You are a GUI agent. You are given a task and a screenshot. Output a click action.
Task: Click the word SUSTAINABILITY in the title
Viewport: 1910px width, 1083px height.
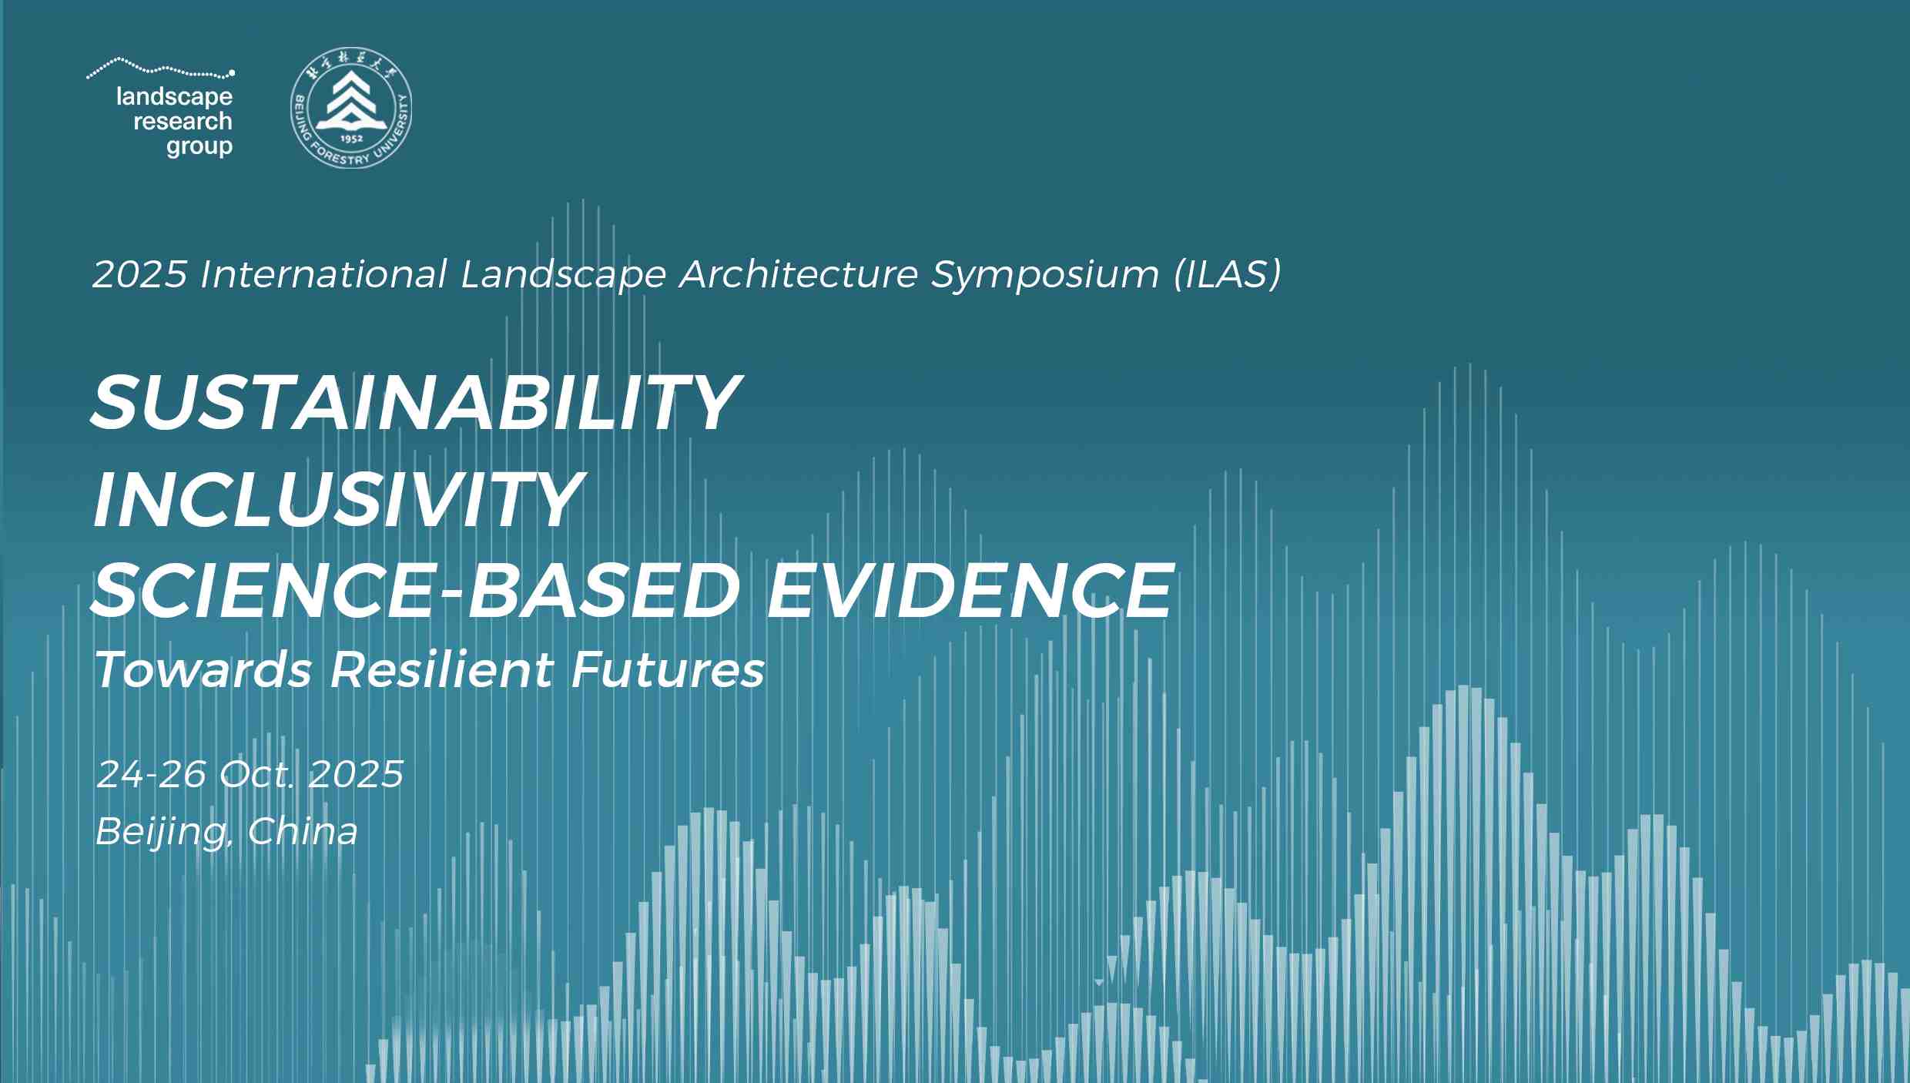(416, 403)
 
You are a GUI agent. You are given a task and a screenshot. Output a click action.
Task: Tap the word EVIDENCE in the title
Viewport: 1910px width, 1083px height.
(970, 591)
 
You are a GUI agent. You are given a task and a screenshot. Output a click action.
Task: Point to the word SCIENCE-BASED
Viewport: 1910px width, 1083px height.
(416, 591)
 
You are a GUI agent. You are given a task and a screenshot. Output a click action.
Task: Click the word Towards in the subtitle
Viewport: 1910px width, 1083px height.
(203, 669)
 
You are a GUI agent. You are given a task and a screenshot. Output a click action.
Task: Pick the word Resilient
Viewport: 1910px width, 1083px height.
(442, 669)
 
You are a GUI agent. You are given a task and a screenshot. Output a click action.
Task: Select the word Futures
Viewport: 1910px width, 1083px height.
(668, 669)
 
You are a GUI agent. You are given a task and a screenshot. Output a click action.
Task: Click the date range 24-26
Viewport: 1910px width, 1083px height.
(152, 774)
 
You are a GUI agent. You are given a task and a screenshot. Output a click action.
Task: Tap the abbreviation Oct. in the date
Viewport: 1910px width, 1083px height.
(256, 774)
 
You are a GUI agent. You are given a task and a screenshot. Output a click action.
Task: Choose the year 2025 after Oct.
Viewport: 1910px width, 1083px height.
(356, 774)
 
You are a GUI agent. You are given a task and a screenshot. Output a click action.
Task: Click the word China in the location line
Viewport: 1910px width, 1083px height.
(303, 831)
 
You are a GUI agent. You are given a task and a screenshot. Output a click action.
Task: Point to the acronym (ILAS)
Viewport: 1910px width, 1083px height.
(1228, 274)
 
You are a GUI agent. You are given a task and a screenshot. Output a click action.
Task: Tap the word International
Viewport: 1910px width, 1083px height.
(323, 274)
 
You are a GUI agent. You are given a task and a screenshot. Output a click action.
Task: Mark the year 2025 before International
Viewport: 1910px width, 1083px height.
(140, 274)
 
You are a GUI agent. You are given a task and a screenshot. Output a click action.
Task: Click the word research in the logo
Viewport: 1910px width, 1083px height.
(183, 121)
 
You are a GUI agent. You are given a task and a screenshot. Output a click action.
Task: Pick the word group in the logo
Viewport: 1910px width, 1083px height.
(199, 146)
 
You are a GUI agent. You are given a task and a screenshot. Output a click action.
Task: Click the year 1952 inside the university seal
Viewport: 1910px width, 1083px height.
(351, 139)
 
